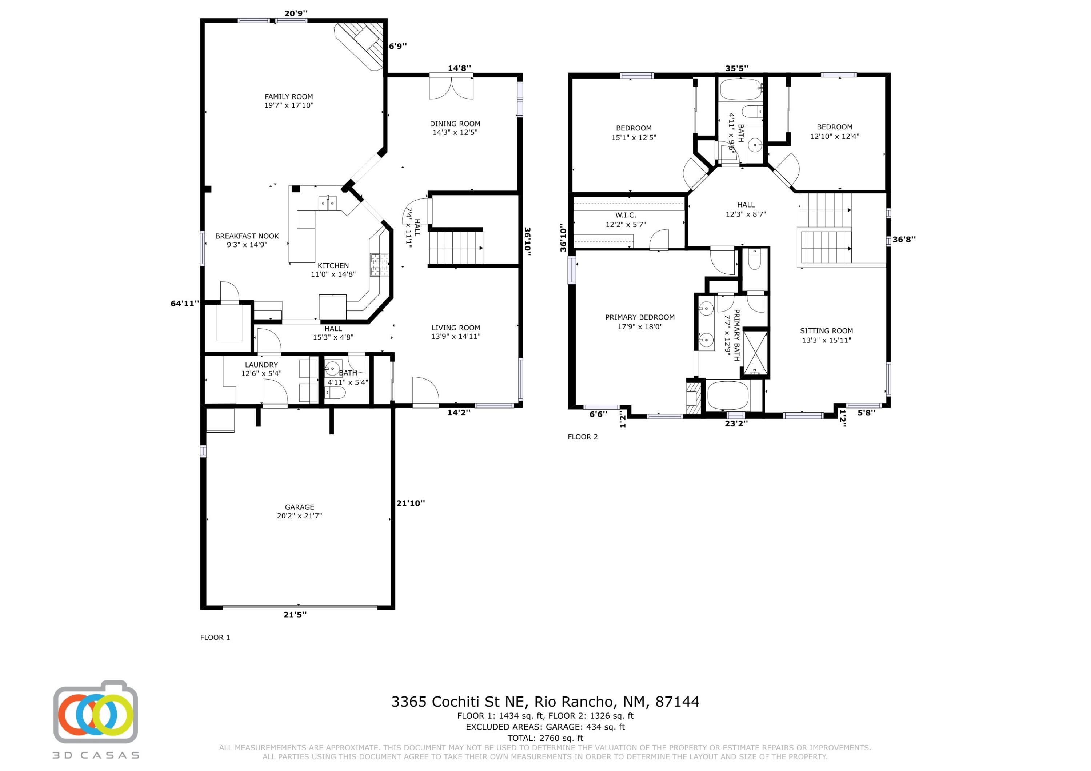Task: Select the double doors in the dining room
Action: pos(451,87)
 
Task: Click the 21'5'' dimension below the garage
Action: pos(295,614)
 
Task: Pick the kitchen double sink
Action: pos(328,203)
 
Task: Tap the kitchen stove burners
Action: pos(379,265)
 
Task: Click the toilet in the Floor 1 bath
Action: pos(335,393)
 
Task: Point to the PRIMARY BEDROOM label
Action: pos(640,317)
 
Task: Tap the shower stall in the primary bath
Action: pos(755,353)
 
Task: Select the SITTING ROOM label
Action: pos(826,331)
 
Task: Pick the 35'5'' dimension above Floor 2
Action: pos(736,68)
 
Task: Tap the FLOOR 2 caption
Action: pos(583,437)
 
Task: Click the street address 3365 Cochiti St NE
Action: pos(458,702)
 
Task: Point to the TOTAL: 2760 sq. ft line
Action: pos(545,738)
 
